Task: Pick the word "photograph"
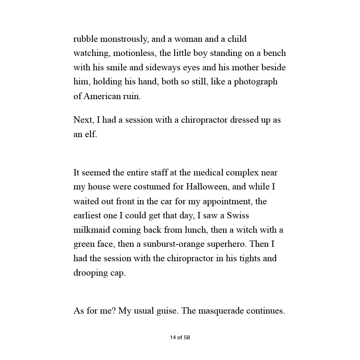[256, 82]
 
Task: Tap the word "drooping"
[88, 273]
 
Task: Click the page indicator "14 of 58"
[180, 337]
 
